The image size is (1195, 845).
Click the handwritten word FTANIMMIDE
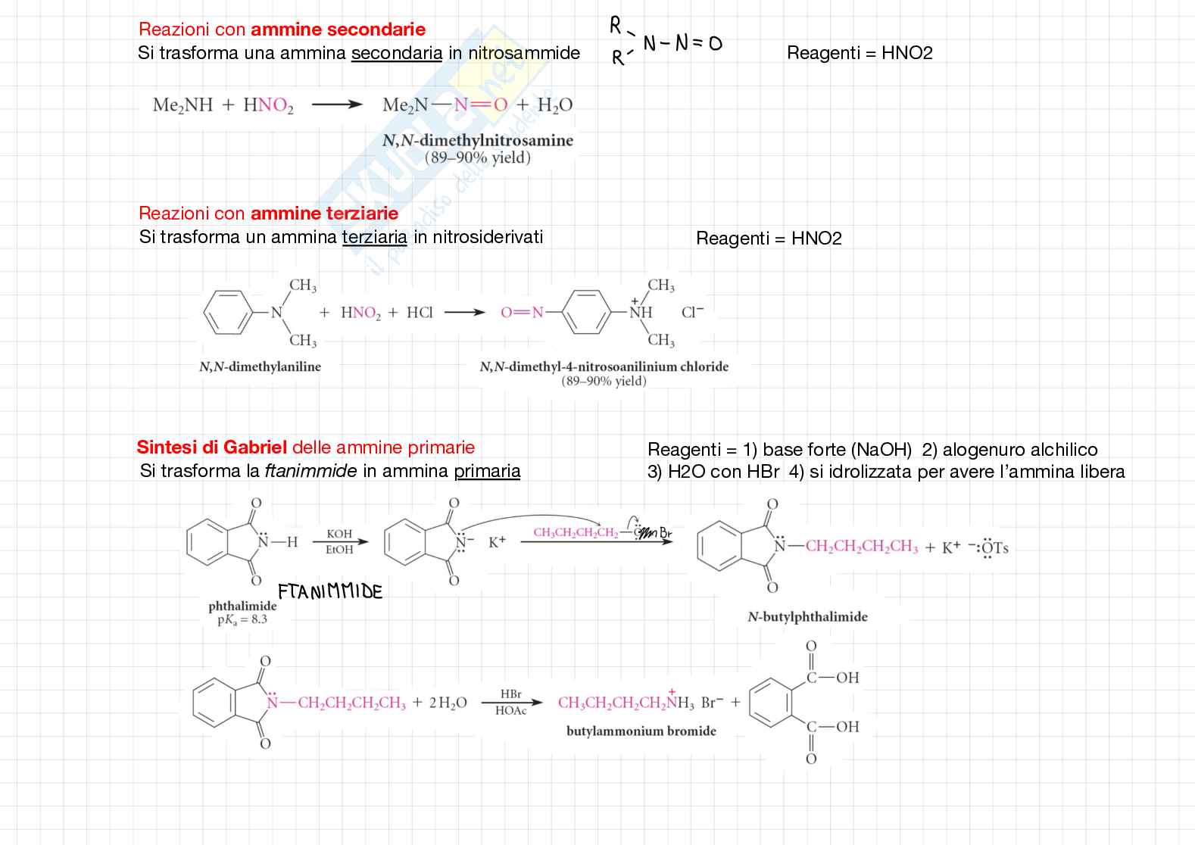click(x=330, y=591)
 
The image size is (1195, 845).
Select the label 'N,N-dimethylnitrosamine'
click(x=478, y=141)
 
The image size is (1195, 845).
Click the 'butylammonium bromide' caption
click(x=641, y=731)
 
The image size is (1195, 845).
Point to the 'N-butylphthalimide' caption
click(x=807, y=616)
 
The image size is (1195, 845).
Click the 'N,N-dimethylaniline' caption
click(x=260, y=366)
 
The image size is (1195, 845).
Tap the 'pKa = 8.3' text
click(x=242, y=619)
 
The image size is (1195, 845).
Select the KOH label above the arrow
click(x=339, y=534)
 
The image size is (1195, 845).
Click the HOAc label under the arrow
click(x=511, y=711)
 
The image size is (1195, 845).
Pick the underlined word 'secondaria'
click(x=397, y=53)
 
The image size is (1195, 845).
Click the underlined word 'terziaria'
click(x=374, y=237)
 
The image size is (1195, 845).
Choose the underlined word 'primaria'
click(x=487, y=471)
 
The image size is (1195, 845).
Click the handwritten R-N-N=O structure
click(x=665, y=43)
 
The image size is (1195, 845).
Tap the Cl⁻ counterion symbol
click(x=692, y=312)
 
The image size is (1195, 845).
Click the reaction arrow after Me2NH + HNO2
click(x=337, y=105)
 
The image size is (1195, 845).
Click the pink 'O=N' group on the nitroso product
click(x=522, y=312)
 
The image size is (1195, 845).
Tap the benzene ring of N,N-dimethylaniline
click(x=227, y=311)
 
